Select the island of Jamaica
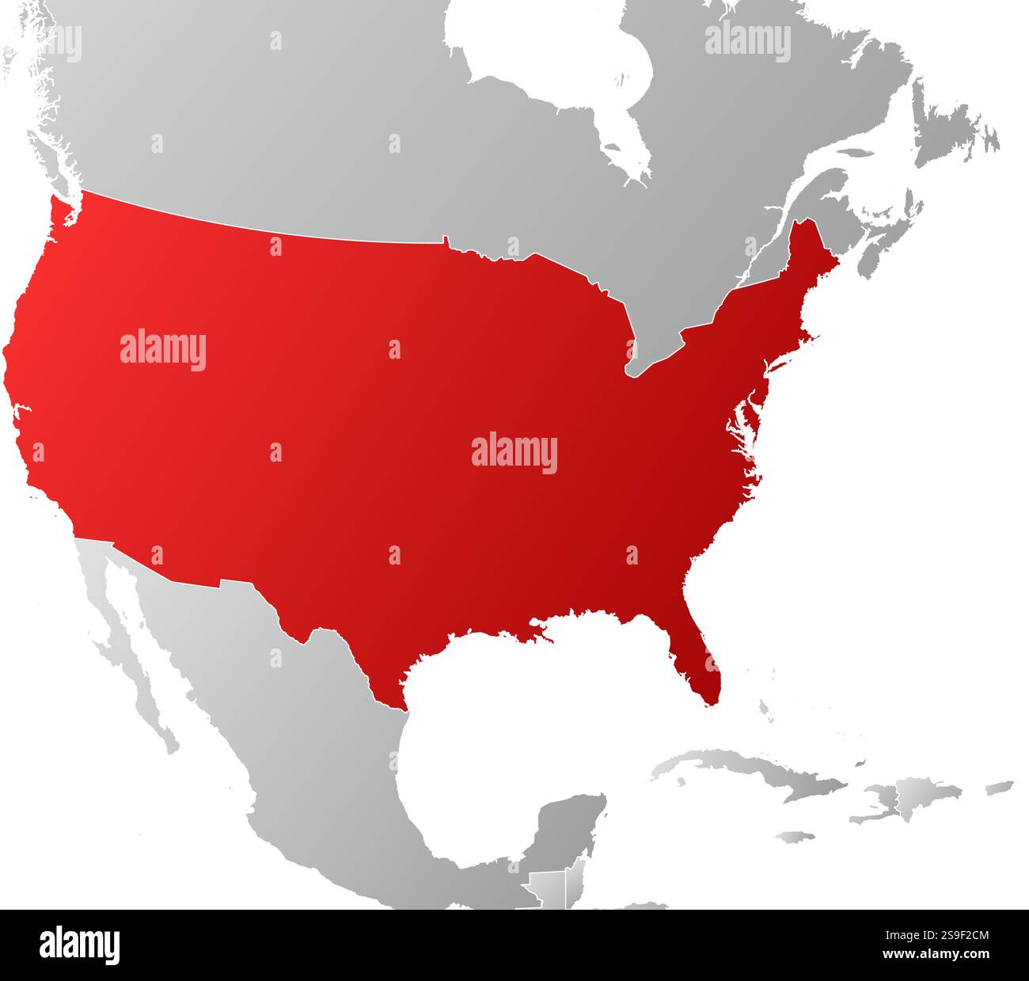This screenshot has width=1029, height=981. (x=795, y=836)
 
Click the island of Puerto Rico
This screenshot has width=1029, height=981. (x=1000, y=787)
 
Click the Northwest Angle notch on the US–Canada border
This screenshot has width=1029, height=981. (x=446, y=239)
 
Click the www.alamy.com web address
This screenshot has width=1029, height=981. (x=935, y=954)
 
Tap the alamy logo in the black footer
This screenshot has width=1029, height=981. (x=79, y=945)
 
